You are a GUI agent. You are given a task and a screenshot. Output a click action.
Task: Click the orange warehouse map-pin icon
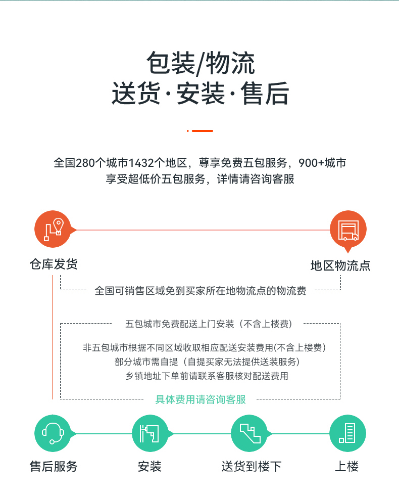tap(53, 229)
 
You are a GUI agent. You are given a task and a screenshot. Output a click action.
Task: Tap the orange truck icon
tap(348, 229)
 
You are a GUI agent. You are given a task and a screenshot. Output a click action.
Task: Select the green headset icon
tap(53, 433)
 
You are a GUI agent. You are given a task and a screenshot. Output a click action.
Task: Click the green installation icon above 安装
tap(149, 433)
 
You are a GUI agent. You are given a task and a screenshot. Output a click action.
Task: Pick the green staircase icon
tap(250, 433)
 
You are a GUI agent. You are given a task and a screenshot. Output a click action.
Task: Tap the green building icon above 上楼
tap(347, 433)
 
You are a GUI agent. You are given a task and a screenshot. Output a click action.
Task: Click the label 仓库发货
tap(54, 264)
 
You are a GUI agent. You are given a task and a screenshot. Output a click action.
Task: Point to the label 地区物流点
tap(340, 266)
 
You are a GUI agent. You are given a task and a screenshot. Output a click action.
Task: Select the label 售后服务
tap(54, 466)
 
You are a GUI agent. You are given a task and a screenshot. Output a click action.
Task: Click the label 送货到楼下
tap(252, 466)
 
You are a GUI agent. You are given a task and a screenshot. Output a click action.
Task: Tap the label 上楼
tap(346, 466)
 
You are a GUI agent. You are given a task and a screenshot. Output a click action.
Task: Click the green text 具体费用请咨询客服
tap(201, 399)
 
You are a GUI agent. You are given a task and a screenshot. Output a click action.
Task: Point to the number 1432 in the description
tap(141, 163)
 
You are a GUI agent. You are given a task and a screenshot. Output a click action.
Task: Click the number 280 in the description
tap(85, 163)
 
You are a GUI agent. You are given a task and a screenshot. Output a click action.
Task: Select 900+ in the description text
tap(311, 163)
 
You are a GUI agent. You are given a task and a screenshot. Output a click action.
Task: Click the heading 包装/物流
tap(201, 63)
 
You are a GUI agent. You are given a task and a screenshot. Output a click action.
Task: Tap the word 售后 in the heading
tap(265, 93)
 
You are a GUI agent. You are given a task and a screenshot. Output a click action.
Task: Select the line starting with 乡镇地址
tap(207, 376)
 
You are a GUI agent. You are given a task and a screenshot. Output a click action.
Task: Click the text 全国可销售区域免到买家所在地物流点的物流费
tap(201, 291)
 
